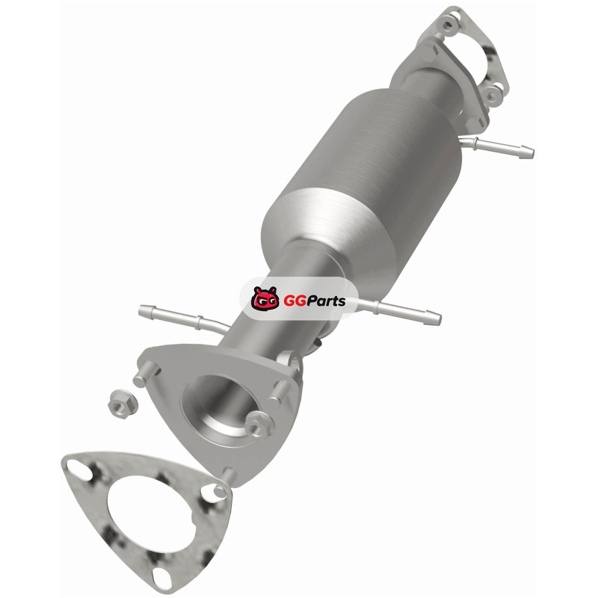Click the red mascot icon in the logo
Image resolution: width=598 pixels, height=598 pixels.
tap(265, 298)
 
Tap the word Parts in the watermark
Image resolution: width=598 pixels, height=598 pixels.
tap(324, 301)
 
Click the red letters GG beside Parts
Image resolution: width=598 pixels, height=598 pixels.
tap(293, 301)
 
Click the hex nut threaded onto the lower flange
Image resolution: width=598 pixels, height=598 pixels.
tap(259, 425)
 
